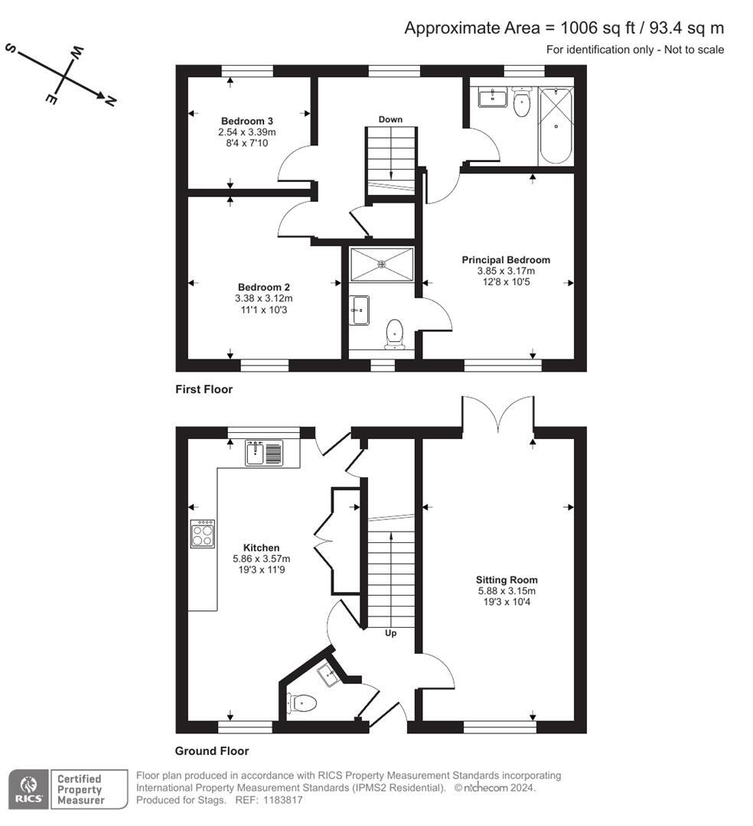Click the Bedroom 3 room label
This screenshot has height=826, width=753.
coord(247,121)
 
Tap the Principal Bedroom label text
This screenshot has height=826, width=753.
coord(506,260)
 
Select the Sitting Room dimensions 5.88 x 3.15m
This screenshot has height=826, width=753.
coord(506,590)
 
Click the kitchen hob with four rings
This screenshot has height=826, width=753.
coord(203,533)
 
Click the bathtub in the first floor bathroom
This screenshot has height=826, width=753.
coord(555,125)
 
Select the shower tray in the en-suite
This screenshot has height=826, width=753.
coord(381,264)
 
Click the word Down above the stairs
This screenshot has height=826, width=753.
coord(390,119)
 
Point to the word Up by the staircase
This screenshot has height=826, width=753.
coord(391,633)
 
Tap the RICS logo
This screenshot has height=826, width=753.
coord(28,789)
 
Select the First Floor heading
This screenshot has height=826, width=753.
coord(203,389)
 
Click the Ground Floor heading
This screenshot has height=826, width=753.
coord(212,751)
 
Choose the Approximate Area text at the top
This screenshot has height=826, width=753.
coord(563,28)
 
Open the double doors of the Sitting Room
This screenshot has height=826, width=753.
coord(497,415)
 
